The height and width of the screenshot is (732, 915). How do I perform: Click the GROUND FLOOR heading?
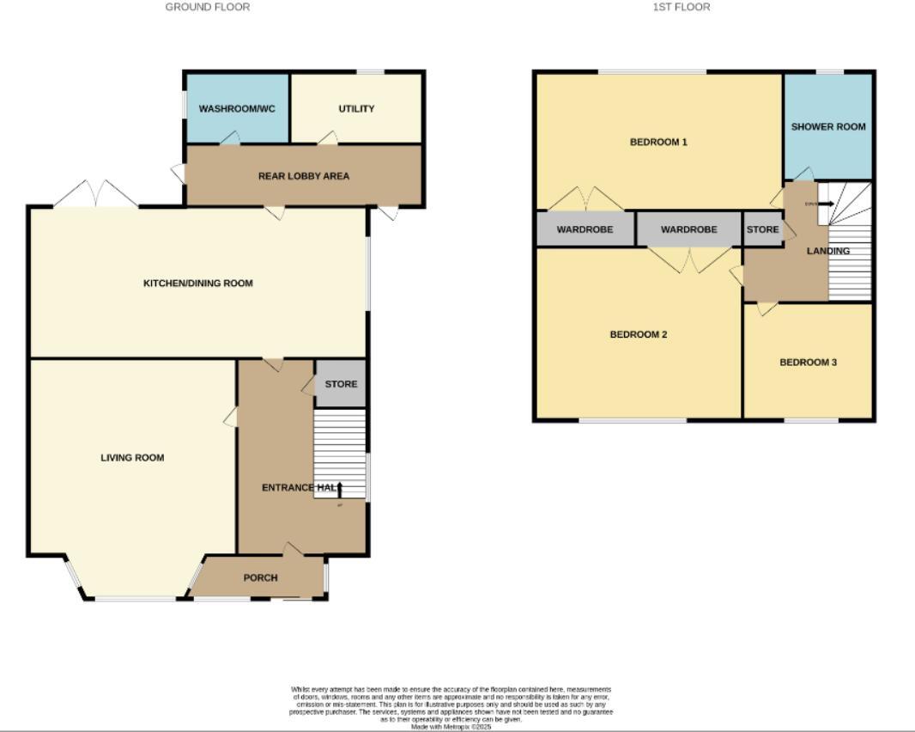(x=208, y=7)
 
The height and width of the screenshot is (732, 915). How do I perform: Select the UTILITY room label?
(x=356, y=109)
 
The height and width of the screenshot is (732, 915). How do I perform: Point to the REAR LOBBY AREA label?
(x=304, y=176)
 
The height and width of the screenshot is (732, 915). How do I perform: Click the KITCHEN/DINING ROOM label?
(x=197, y=284)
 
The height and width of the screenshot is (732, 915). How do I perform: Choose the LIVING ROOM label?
(x=132, y=458)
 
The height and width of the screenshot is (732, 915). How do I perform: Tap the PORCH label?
(x=260, y=577)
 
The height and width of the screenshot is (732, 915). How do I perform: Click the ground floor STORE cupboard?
(x=341, y=384)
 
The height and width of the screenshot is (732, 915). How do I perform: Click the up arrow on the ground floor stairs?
(x=339, y=490)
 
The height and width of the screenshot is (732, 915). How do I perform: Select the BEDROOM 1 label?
(x=658, y=142)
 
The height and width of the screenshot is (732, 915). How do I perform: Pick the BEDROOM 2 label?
(x=639, y=334)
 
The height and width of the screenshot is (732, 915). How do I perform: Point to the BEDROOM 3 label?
(x=808, y=363)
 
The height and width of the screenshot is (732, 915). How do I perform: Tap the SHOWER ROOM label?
(x=828, y=126)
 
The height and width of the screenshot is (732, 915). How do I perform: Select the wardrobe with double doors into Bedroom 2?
(x=688, y=229)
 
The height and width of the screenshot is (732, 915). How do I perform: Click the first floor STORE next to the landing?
(x=762, y=229)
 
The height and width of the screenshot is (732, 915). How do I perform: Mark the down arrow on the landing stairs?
(x=825, y=204)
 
